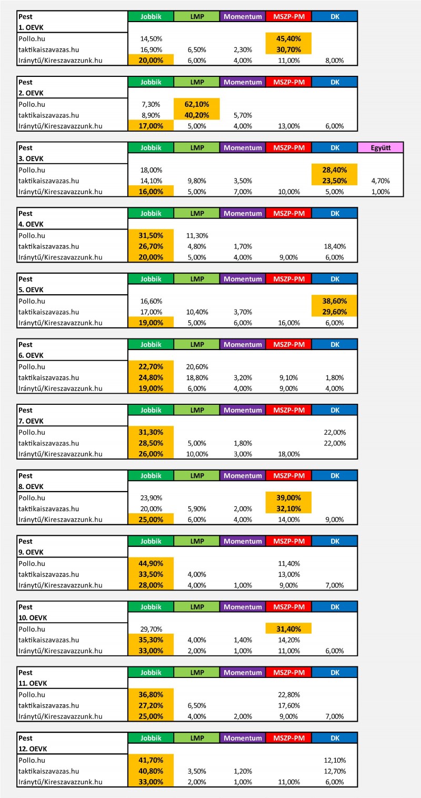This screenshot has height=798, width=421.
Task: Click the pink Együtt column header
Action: [380, 147]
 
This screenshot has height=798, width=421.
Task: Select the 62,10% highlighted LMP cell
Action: [197, 104]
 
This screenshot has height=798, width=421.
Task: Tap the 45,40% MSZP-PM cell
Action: [288, 38]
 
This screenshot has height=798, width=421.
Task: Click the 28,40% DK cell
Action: [335, 169]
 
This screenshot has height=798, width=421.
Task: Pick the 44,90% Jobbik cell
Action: [151, 563]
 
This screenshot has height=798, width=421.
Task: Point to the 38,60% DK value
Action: [335, 301]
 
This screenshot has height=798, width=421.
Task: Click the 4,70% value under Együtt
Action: [380, 181]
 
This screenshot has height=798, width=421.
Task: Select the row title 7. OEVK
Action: [31, 421]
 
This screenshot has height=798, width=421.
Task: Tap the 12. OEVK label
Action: [33, 749]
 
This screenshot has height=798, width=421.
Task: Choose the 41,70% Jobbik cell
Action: [151, 760]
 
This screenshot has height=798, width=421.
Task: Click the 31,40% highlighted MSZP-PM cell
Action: [288, 629]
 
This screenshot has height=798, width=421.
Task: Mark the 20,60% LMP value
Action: [197, 366]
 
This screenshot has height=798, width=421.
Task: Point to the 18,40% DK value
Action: [335, 246]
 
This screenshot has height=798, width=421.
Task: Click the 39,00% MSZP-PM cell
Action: [288, 497]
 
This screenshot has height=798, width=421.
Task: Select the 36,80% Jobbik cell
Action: [151, 694]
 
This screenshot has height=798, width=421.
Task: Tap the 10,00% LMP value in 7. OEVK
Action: [197, 454]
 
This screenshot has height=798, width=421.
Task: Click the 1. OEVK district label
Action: [31, 27]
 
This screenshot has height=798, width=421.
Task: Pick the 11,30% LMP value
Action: [197, 235]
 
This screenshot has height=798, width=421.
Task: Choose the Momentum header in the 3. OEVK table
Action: [243, 147]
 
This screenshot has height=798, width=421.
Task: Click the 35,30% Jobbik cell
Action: [151, 640]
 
